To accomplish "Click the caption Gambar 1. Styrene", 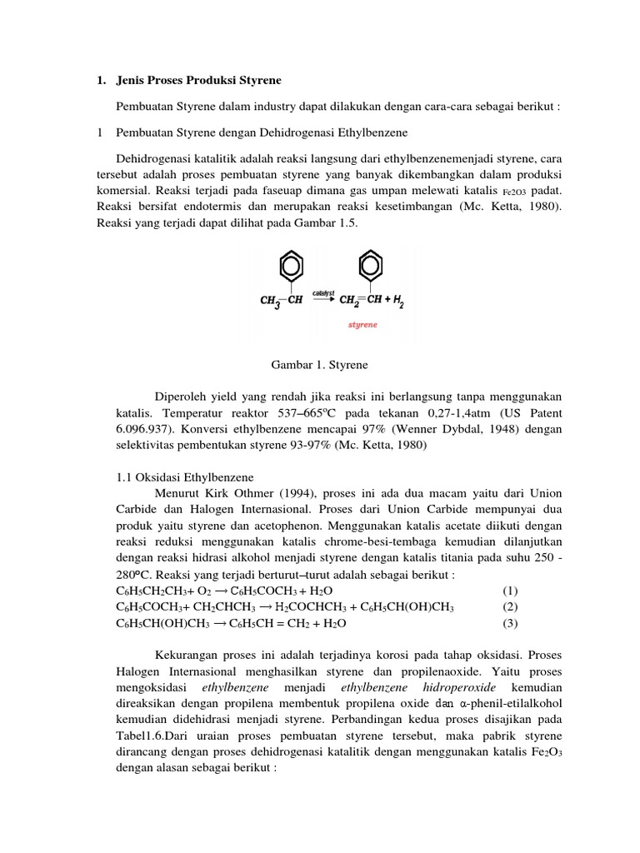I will click(320, 365).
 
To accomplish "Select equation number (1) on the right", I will click(512, 591).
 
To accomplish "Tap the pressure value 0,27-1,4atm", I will click(442, 412).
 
